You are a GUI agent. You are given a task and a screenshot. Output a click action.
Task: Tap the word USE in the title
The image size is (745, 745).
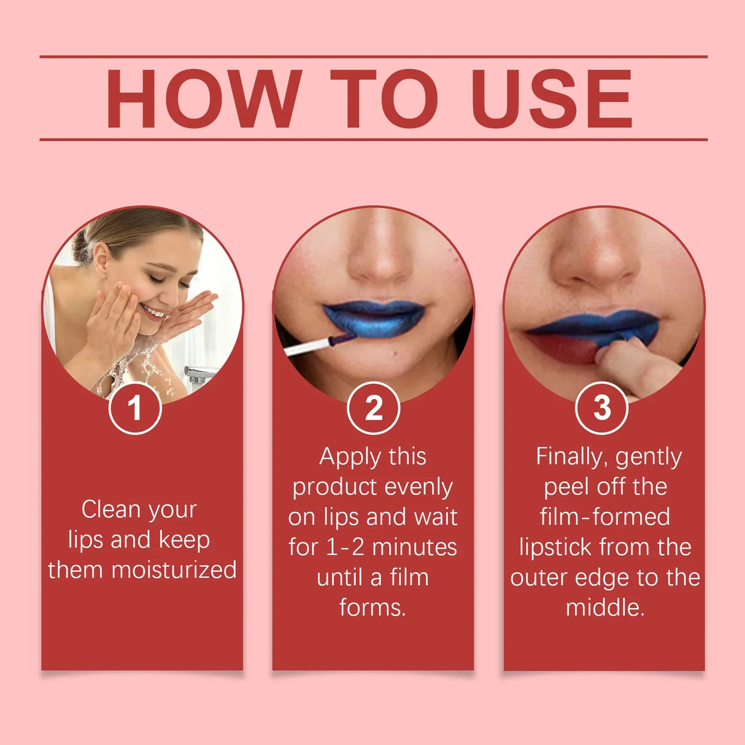point(551,99)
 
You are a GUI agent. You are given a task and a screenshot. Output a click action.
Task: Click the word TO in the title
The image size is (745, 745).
point(384,99)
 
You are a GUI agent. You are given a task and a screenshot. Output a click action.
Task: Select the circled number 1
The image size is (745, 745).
point(135,408)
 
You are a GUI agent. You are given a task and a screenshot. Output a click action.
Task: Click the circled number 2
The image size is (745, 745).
point(373,408)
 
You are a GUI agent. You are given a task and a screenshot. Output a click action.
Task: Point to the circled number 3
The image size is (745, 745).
point(601,408)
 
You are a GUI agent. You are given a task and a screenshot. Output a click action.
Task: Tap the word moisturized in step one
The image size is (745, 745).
point(174,570)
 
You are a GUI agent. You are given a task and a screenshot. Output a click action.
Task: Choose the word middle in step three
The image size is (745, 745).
point(604,608)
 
